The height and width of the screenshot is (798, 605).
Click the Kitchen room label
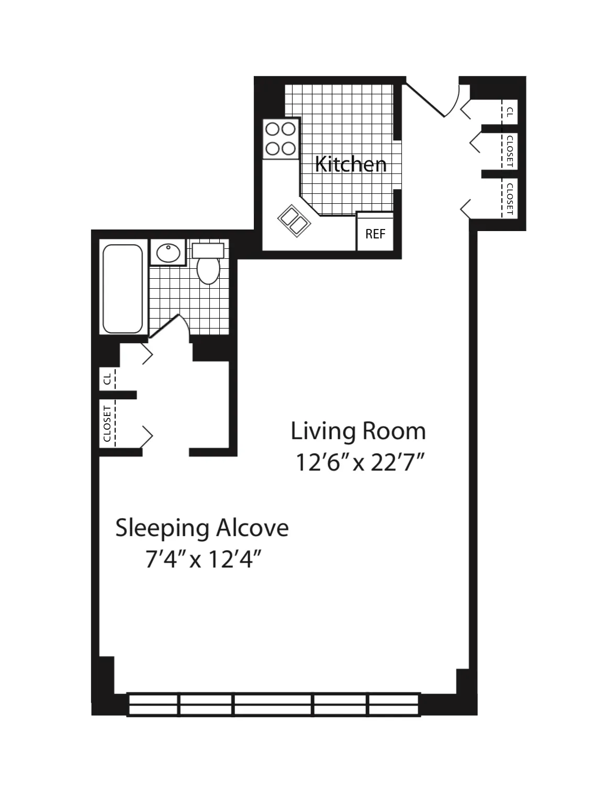350,165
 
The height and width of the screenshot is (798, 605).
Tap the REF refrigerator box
375,234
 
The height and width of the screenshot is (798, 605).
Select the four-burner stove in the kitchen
281,139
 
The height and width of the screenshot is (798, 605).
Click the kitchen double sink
294,221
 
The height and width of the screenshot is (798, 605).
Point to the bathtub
123,289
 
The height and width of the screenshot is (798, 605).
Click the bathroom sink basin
168,253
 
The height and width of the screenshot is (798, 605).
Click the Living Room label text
358,431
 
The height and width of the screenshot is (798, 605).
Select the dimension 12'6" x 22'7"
359,463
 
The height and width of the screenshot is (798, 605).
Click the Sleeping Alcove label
201,528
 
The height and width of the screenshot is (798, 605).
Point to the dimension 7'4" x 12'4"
203,560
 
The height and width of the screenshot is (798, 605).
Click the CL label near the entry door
509,112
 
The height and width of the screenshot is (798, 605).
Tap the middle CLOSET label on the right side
509,151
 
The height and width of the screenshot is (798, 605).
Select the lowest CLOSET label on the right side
509,199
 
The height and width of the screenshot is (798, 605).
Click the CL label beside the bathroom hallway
107,379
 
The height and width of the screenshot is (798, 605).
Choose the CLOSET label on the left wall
107,423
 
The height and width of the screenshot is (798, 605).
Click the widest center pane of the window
273,705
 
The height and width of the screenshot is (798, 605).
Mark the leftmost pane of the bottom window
153,705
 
